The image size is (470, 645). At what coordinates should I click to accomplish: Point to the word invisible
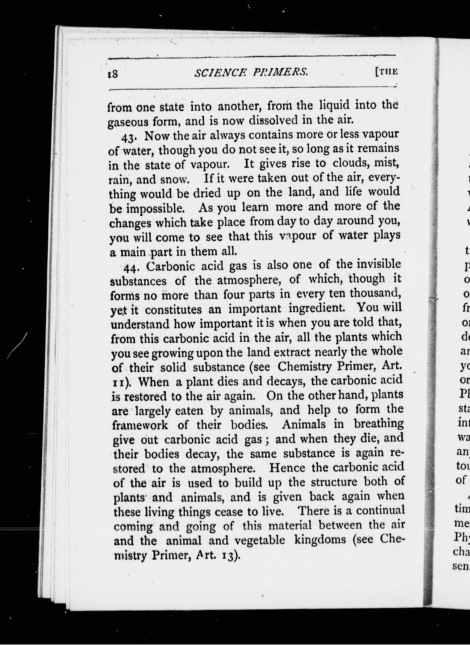[379, 264]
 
